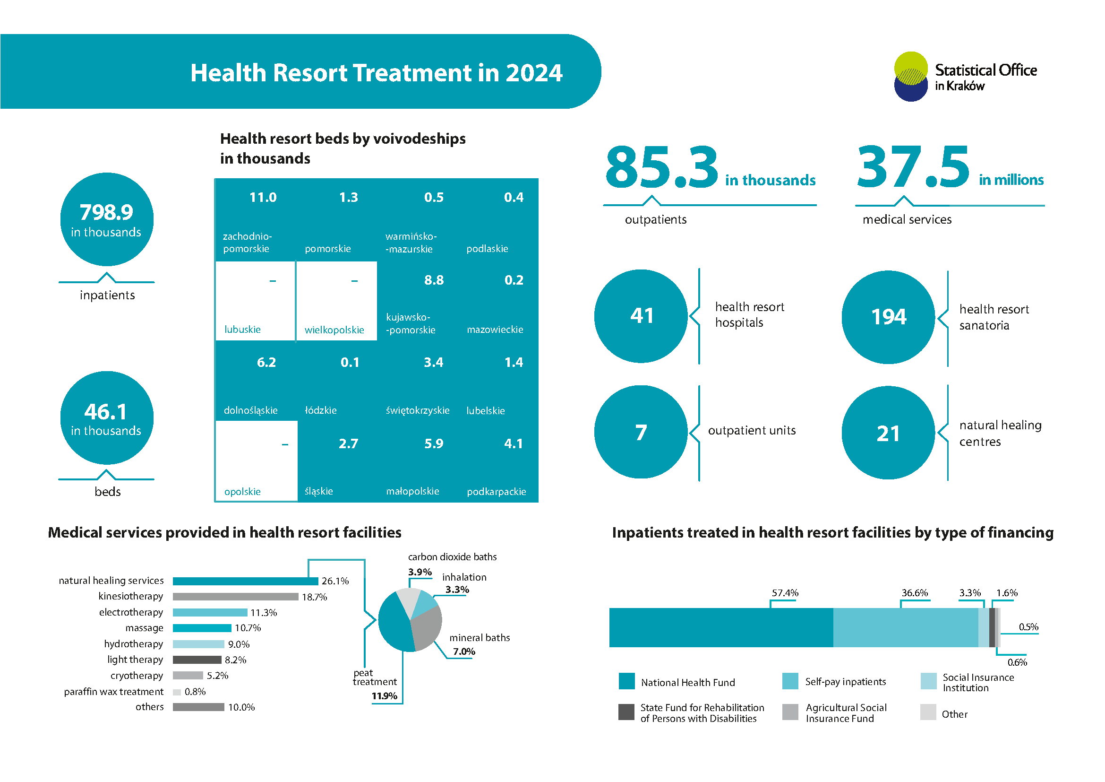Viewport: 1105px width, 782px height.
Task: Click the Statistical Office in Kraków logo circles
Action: pos(910,77)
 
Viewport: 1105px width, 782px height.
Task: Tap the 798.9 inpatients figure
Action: pos(106,212)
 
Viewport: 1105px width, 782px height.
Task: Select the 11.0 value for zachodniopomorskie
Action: pos(263,198)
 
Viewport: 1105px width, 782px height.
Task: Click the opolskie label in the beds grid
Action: pos(242,492)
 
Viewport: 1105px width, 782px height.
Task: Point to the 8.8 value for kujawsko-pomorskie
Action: pos(434,280)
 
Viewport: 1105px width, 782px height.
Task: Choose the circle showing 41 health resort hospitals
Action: pos(641,316)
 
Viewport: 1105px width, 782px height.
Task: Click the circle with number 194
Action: pos(889,317)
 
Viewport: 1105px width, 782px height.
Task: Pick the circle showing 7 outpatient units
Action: pos(641,432)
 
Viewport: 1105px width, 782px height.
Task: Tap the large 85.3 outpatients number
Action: pos(661,167)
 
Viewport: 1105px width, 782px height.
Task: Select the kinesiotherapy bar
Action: pos(235,597)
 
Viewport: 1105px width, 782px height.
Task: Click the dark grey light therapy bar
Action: pos(197,660)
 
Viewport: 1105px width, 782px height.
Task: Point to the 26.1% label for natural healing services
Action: pos(335,581)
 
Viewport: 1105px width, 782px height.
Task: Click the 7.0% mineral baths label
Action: pos(464,652)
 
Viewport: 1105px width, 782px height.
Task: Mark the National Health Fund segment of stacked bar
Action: pos(721,627)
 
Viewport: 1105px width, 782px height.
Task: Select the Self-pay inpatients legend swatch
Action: pos(790,681)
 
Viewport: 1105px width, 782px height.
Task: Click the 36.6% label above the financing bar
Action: pos(915,593)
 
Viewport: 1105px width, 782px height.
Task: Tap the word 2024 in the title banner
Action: pos(534,73)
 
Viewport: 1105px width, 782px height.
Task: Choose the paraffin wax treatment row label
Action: pos(113,692)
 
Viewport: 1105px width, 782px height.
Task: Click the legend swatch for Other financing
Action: pos(928,712)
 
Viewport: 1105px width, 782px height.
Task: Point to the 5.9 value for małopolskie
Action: pos(434,443)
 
